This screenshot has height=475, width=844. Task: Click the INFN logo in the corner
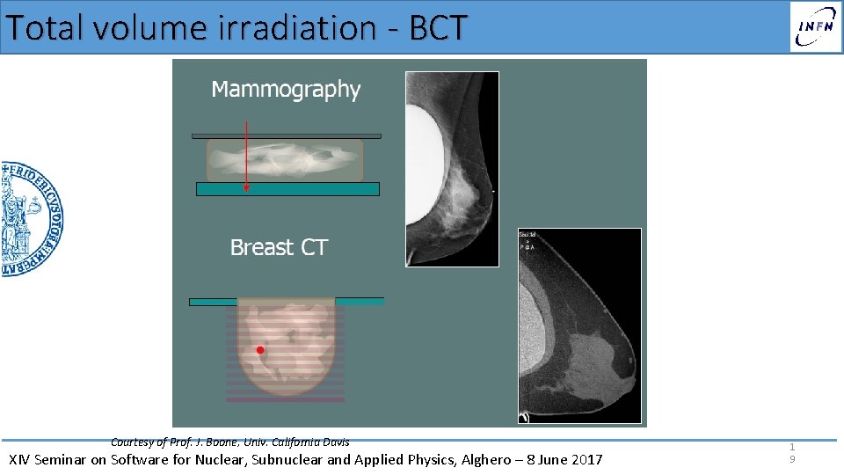(815, 26)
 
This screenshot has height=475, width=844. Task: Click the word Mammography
(286, 90)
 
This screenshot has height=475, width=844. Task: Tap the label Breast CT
(279, 248)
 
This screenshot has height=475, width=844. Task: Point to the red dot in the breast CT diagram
(260, 350)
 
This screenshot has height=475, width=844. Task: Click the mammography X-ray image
(452, 169)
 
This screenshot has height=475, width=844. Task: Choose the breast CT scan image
(580, 325)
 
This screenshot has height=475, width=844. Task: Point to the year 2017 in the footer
(586, 459)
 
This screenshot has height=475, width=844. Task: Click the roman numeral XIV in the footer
(20, 459)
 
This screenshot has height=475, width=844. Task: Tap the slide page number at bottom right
(791, 453)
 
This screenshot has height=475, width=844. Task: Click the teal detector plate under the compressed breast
(287, 189)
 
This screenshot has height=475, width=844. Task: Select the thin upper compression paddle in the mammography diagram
(287, 136)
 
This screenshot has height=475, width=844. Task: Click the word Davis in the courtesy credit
(334, 442)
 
